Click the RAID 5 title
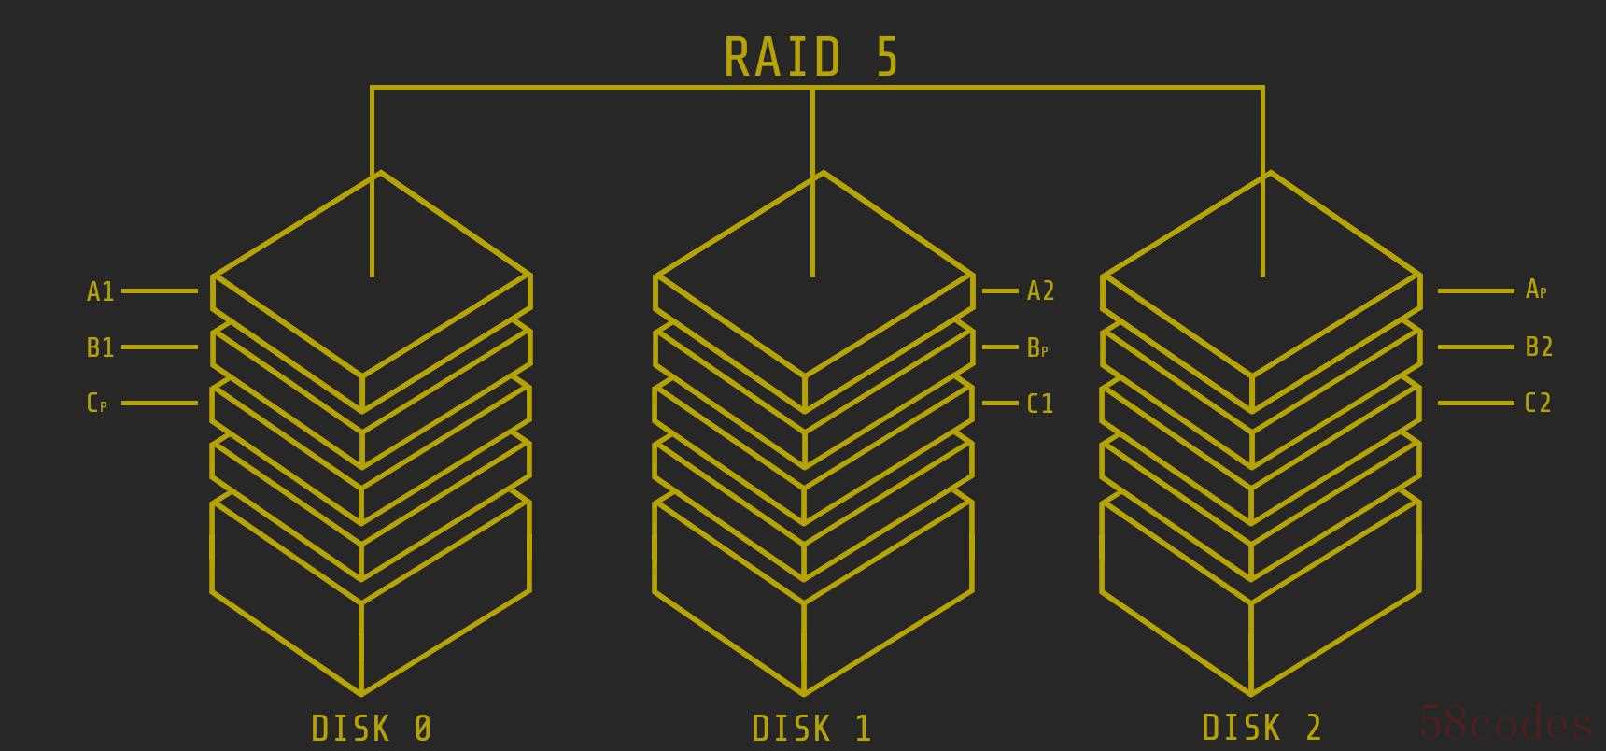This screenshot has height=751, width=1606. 810,57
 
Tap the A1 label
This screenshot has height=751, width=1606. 100,292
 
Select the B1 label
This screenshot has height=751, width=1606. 100,348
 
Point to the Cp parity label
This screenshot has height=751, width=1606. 96,404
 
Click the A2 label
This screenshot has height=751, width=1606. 1040,291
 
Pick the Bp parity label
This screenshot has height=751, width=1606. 1037,348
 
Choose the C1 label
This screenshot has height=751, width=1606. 1040,404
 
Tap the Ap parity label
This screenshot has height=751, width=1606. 1536,290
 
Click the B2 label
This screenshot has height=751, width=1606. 1539,347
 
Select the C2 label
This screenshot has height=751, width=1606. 1538,404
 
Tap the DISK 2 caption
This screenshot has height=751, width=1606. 1261,728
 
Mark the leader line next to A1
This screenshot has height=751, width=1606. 160,291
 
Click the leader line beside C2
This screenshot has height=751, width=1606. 1475,404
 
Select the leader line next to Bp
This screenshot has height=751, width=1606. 1000,347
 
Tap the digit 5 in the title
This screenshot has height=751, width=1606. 887,57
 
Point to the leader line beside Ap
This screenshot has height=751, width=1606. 1475,291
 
